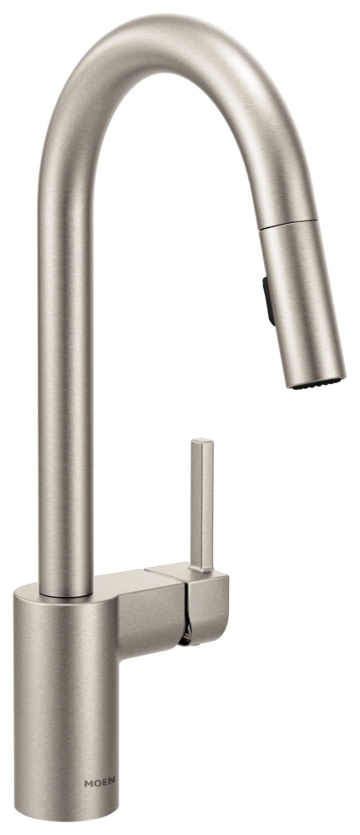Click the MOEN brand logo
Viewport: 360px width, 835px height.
(99, 783)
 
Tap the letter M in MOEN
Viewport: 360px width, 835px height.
(88, 783)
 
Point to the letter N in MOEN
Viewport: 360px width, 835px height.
(112, 783)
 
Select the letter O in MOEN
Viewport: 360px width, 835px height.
(97, 783)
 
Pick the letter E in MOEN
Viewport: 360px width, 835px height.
(104, 783)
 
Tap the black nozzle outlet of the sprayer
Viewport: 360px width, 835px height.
(317, 383)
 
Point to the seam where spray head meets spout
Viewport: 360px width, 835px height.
(287, 223)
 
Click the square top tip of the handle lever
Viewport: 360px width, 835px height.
(202, 442)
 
